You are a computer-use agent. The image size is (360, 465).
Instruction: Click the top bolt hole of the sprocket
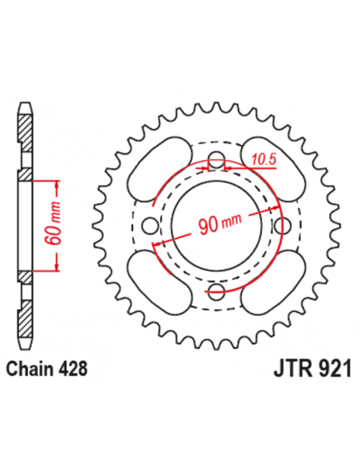pyautogui.click(x=216, y=155)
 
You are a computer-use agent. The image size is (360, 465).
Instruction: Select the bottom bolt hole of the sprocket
pyautogui.click(x=216, y=291)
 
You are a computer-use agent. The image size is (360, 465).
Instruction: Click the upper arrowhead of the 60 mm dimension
pyautogui.click(x=57, y=186)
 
